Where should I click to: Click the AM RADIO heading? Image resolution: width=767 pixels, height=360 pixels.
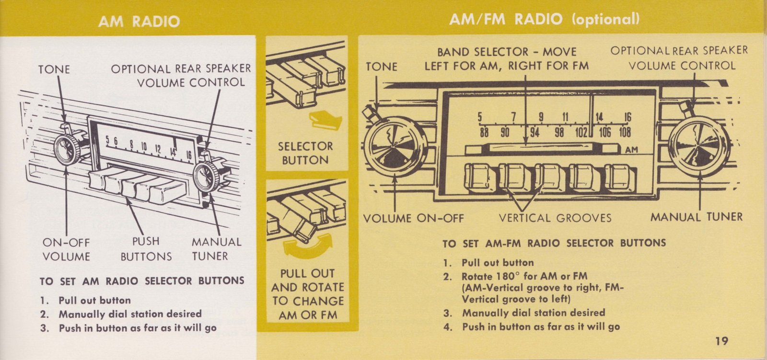tap(139, 21)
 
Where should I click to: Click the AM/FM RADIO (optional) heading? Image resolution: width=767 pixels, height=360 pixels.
tap(544, 19)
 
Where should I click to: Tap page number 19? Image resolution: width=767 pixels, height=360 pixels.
tap(721, 341)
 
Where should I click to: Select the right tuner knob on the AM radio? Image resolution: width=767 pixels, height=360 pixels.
tap(207, 176)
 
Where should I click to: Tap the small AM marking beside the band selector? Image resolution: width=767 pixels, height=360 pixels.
tap(632, 150)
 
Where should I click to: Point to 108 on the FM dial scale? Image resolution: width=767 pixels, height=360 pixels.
tap(625, 132)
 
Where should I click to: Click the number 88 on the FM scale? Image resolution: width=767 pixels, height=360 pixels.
tap(484, 132)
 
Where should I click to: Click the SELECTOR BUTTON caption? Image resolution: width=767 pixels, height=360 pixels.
tap(305, 153)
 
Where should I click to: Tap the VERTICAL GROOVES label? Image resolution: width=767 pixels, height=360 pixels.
tap(555, 219)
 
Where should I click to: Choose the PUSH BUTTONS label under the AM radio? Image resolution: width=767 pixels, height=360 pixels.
tap(146, 249)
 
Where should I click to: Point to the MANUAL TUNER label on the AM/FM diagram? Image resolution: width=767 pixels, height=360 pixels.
tap(696, 217)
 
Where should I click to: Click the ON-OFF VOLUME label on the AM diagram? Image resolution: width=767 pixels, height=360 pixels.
tap(66, 249)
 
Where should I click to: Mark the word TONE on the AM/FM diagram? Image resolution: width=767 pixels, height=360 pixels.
tap(382, 67)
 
